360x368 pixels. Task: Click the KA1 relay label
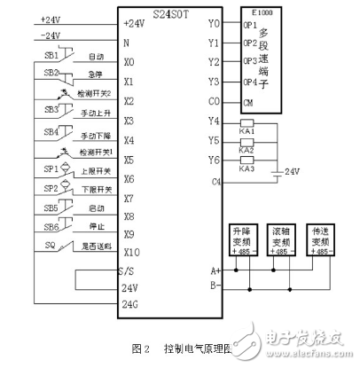click(x=247, y=131)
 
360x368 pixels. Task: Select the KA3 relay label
click(x=247, y=169)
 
